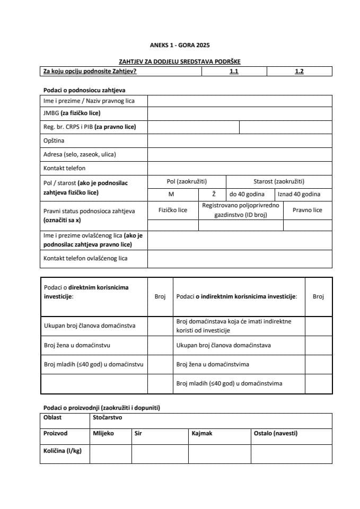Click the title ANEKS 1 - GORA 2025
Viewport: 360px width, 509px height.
coord(180,46)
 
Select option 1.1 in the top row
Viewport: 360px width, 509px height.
coord(234,71)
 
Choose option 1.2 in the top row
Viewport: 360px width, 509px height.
coord(299,71)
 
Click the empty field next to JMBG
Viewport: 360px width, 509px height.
coord(240,113)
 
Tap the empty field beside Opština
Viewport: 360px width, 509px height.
coord(240,141)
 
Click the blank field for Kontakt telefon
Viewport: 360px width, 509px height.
coord(240,168)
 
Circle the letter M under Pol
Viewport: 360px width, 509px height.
coord(171,195)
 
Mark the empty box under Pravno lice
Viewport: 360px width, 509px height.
coord(308,225)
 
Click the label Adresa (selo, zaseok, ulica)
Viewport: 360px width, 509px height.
coord(80,154)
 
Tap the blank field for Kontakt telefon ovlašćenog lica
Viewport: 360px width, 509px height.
coord(240,259)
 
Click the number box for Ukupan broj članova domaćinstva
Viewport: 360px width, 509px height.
coord(160,325)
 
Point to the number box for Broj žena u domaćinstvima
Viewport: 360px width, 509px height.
coord(318,364)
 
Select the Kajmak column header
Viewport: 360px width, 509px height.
coord(202,433)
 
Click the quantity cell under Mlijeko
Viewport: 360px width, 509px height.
coord(110,454)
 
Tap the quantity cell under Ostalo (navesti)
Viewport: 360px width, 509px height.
coord(291,454)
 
